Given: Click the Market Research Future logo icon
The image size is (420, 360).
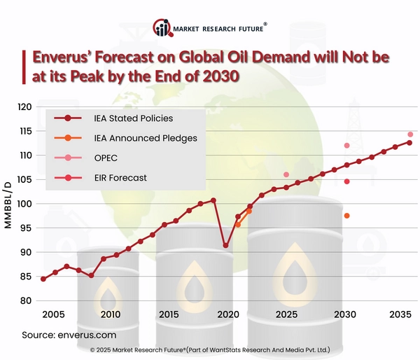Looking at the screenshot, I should coord(162,29).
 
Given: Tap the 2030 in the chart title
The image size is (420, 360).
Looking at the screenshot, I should coord(215,76).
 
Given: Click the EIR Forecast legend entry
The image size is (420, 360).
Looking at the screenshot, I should coord(120,178).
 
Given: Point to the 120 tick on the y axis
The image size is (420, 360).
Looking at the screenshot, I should coord(24,107).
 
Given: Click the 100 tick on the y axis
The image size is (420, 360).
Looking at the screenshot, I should coord(24,204).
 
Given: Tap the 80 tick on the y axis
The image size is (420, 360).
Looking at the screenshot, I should coord(27,300).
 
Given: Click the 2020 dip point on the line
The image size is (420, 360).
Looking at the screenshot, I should coord(225,246).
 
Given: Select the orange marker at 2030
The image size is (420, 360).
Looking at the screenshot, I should coord(346,216).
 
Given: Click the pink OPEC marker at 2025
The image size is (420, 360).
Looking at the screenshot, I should coord(286,174).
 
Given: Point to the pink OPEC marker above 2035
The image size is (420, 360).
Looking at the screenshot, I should coord(410,134).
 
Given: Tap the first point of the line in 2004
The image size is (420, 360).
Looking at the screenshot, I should coord(43,279).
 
